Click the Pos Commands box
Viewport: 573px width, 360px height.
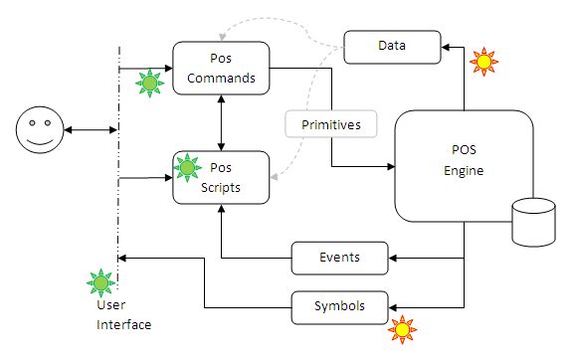click(x=222, y=68)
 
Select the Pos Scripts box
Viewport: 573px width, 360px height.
click(x=222, y=178)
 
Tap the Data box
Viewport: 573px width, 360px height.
click(x=391, y=45)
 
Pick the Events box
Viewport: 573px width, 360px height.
click(x=340, y=259)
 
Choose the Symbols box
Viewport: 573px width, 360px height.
click(x=340, y=306)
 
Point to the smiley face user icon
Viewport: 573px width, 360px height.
click(x=37, y=130)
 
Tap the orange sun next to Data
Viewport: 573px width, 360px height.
click(x=483, y=62)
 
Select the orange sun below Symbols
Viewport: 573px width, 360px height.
click(x=403, y=327)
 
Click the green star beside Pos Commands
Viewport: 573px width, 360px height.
click(x=148, y=84)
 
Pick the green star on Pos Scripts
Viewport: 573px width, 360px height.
click(x=187, y=167)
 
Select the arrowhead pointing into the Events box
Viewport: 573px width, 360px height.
click(x=395, y=259)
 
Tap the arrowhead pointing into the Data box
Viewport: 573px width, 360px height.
click(x=445, y=45)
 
